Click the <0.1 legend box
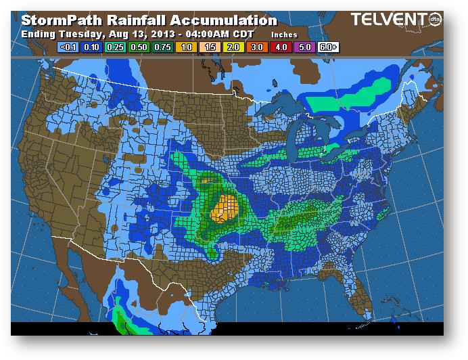pyautogui.click(x=69, y=48)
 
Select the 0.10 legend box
pyautogui.click(x=93, y=48)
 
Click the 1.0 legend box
pyautogui.click(x=187, y=48)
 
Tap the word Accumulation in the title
pyautogui.click(x=223, y=20)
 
